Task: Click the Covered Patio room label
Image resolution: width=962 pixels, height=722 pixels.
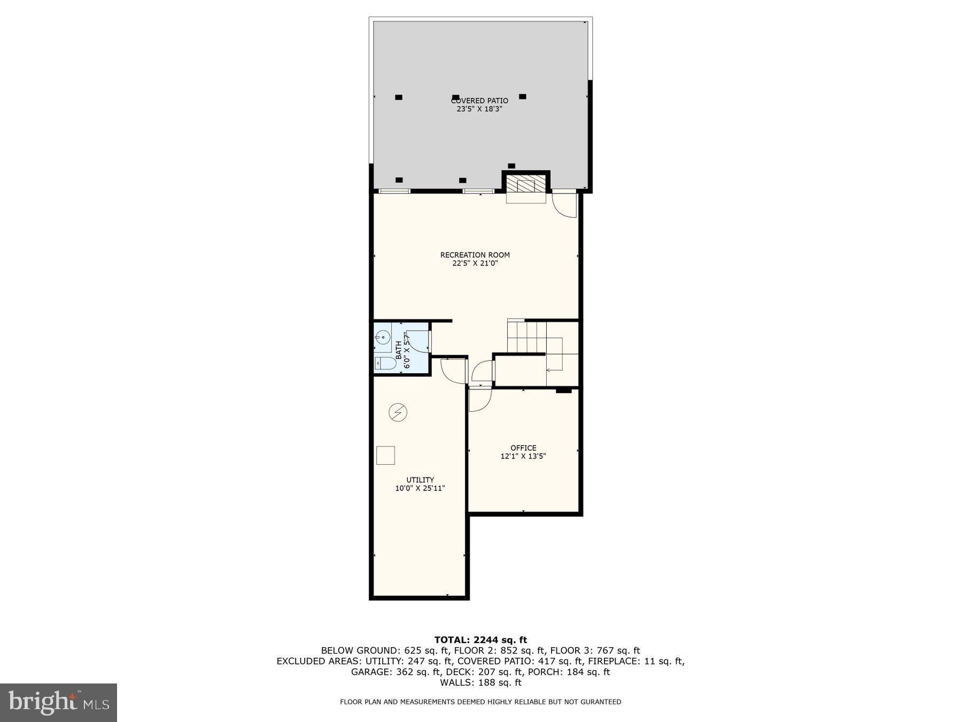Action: click(x=479, y=101)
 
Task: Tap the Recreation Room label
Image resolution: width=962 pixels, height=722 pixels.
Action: click(x=475, y=255)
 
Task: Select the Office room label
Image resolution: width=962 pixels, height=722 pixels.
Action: click(x=523, y=448)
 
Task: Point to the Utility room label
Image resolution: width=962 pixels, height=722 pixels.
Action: click(x=420, y=480)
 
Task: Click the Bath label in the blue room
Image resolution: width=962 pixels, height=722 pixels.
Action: click(x=399, y=350)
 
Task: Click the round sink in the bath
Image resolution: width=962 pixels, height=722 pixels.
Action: click(x=382, y=337)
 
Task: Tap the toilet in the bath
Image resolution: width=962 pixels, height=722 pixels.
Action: click(x=385, y=364)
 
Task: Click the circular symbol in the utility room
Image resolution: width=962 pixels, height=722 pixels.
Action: click(x=398, y=412)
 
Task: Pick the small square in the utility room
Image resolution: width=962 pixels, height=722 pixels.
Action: click(x=385, y=455)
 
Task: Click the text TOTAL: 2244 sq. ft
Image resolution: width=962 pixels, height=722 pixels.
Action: click(x=480, y=640)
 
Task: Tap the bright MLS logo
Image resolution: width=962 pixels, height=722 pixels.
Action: click(x=58, y=702)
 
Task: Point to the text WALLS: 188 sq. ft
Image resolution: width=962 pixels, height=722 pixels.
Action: click(x=480, y=682)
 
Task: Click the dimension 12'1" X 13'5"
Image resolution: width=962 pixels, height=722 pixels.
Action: click(x=523, y=456)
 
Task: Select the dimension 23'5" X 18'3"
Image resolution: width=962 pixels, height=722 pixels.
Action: click(x=479, y=109)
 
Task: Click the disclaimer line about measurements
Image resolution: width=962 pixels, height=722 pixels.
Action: click(x=480, y=702)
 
